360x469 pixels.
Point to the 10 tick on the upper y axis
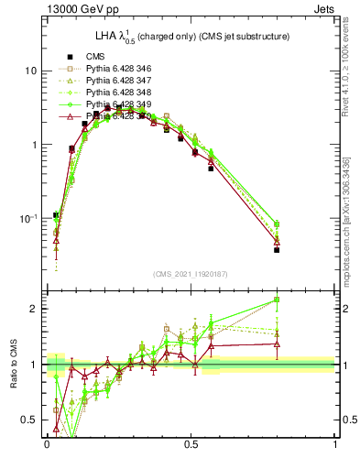pos(30,71)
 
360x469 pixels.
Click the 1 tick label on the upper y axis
pos(34,145)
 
